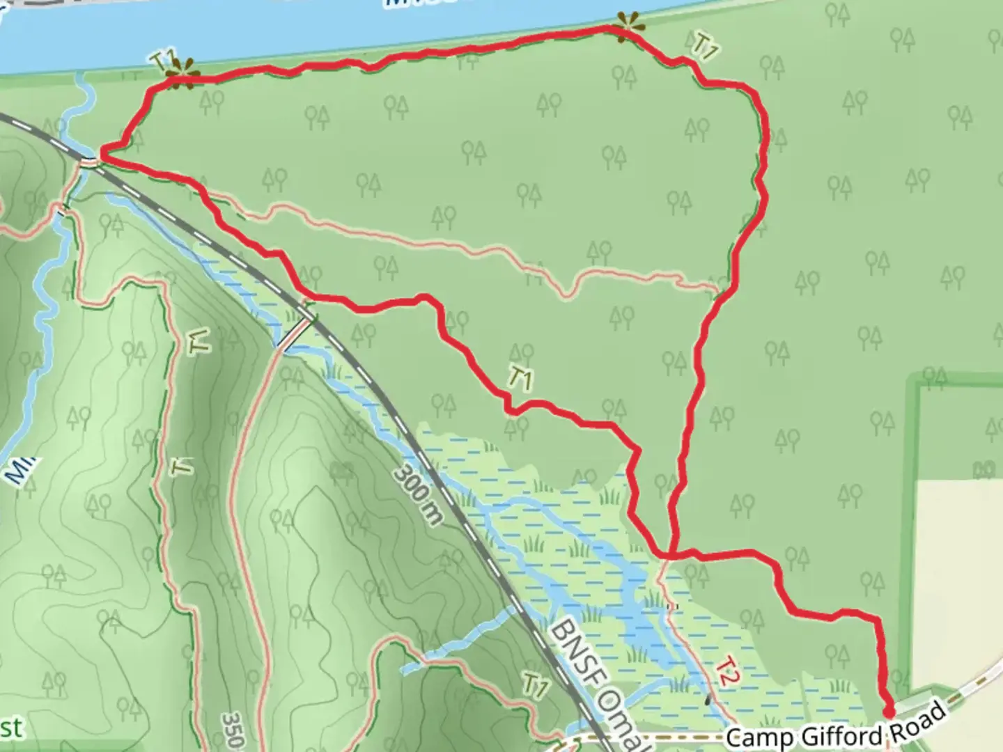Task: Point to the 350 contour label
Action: pos(233,730)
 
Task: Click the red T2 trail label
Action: pos(726,672)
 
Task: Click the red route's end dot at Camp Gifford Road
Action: pos(889,711)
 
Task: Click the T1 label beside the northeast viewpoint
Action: pos(705,47)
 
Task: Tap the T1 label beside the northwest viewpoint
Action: pos(161,60)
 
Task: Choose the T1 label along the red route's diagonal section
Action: pos(520,379)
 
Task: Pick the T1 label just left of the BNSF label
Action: pos(535,687)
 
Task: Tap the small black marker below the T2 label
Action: pos(708,699)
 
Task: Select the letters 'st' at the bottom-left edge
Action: pos(10,728)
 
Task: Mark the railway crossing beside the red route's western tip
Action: pos(89,162)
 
